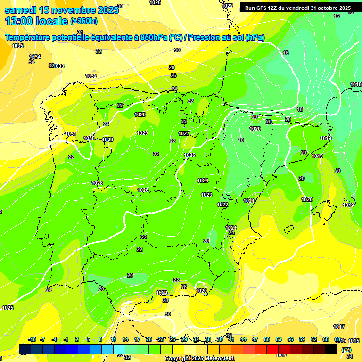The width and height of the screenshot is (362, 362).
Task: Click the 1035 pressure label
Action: tap(17, 46)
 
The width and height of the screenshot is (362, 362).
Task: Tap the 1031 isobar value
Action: tap(71, 134)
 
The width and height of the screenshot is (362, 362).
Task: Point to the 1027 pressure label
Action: tap(184, 133)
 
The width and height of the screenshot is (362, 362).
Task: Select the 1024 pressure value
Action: tap(203, 181)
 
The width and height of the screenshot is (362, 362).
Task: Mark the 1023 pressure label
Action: tap(206, 195)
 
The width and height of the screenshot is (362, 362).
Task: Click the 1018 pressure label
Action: tap(356, 84)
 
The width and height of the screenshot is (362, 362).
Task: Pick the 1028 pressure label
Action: tap(97, 183)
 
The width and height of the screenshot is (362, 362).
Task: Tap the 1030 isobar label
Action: tap(89, 138)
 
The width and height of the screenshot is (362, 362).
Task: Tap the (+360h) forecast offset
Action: tap(84, 21)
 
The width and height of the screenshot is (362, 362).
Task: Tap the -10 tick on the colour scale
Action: tap(32, 339)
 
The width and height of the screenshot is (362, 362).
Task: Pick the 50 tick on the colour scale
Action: tap(267, 339)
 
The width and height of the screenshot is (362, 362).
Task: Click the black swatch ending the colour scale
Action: tap(331, 349)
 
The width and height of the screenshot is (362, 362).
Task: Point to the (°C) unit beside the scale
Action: tap(346, 349)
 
